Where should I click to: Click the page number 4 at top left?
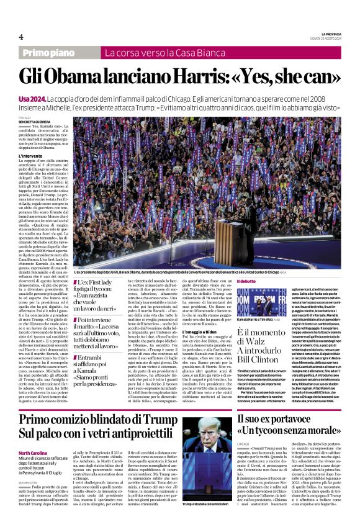pyautogui.click(x=21, y=37)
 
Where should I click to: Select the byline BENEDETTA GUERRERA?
pyautogui.click(x=34, y=121)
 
